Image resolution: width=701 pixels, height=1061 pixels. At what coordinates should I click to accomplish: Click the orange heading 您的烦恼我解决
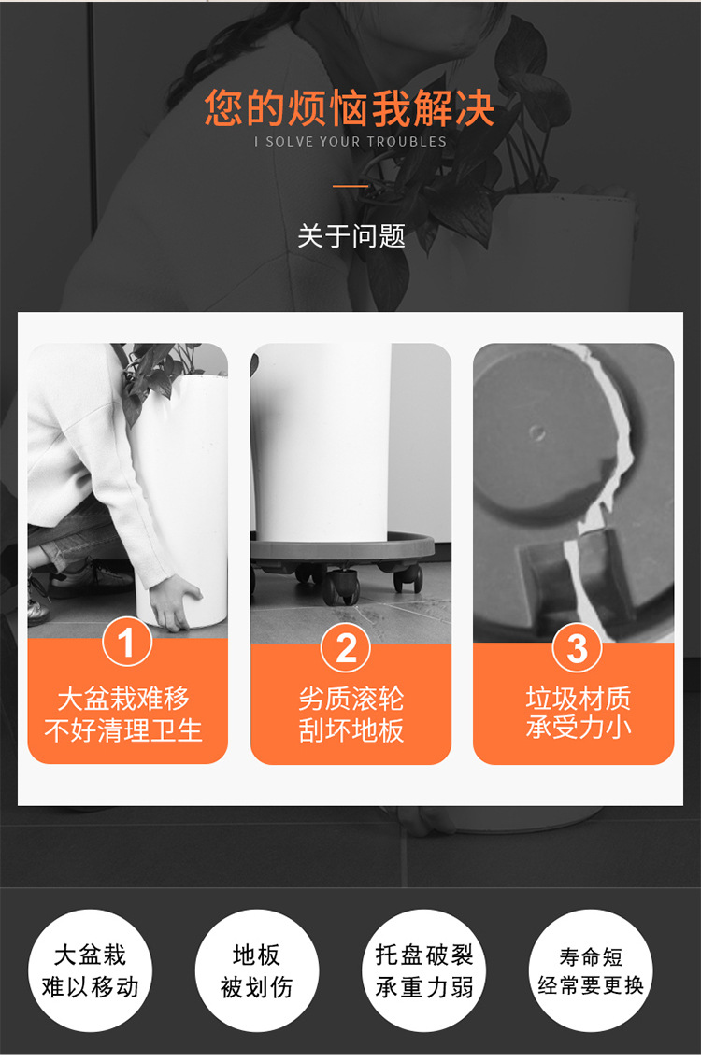350,107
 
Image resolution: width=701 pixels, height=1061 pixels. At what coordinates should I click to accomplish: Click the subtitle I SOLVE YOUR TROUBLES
350,142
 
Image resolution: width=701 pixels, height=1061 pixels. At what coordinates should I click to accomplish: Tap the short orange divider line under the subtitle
350,186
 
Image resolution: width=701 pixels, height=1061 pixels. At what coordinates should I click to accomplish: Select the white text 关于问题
350,236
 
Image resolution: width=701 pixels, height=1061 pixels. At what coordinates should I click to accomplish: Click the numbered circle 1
127,643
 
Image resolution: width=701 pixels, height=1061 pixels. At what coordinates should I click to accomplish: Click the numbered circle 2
346,647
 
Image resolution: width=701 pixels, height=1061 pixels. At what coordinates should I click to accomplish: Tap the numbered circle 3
577,647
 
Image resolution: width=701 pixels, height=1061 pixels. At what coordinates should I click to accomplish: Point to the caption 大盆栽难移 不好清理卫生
123,714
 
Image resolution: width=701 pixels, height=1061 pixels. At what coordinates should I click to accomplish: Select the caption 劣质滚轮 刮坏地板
350,714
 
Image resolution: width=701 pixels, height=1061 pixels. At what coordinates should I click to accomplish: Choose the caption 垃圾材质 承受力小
578,712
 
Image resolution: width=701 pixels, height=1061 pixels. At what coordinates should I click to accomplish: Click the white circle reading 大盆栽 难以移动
90,971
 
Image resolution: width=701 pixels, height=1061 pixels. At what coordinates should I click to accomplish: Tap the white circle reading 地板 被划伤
257,971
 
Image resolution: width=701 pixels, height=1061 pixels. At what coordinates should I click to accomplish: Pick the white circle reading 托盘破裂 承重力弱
424,971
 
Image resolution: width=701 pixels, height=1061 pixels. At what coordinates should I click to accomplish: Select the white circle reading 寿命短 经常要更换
591,971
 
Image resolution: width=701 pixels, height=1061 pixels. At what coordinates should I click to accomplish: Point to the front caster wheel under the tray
341,586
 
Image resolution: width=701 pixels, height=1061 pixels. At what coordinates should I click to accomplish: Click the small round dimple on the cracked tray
537,432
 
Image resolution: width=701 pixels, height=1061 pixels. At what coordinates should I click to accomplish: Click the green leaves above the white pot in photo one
161,375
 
